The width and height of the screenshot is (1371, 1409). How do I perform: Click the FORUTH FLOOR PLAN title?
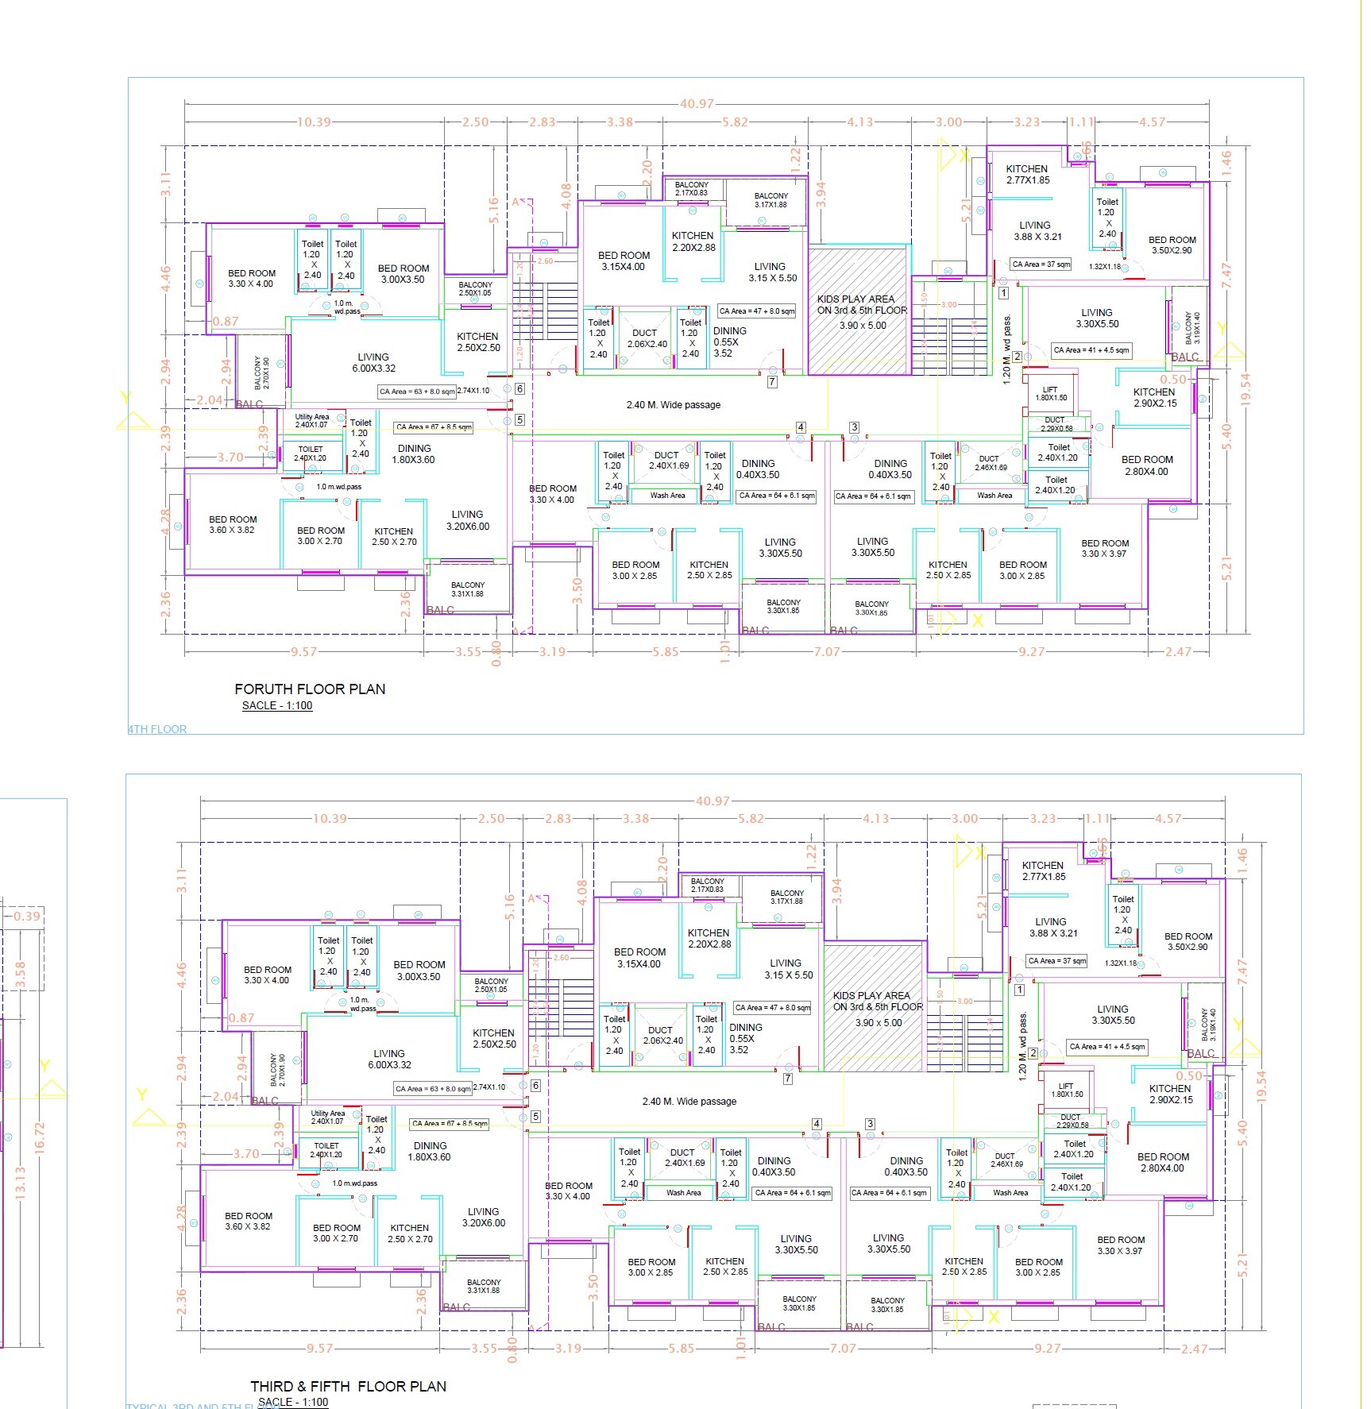tap(310, 689)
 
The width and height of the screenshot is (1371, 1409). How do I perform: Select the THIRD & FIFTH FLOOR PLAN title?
tap(348, 1386)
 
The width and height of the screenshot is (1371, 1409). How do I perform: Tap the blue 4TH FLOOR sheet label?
tap(157, 729)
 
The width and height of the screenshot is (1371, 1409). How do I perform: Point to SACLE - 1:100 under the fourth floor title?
tap(277, 705)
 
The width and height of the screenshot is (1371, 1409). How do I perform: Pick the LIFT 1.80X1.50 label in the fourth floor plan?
tap(1050, 393)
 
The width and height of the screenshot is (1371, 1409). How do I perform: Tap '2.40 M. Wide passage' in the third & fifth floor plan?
tap(689, 1102)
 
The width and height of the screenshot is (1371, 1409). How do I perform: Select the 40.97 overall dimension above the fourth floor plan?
tap(697, 103)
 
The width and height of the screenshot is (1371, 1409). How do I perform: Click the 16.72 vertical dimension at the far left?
tap(40, 1137)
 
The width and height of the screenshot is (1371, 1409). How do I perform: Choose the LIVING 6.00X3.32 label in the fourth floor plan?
tap(373, 363)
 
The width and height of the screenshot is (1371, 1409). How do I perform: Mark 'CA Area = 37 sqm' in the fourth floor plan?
tap(1041, 264)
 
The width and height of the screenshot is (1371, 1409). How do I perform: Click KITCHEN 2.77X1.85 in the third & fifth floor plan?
tap(1044, 871)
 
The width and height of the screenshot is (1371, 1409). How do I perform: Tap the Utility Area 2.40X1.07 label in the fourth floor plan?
tap(311, 420)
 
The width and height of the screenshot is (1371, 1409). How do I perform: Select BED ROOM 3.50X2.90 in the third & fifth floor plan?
tap(1188, 941)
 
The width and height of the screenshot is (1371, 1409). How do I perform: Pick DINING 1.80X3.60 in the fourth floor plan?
tap(414, 454)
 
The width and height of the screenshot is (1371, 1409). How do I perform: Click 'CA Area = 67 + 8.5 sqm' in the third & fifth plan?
tap(450, 1123)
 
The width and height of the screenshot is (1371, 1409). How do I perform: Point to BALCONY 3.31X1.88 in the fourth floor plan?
tap(468, 589)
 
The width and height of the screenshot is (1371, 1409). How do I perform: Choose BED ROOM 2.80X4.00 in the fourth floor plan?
tap(1147, 465)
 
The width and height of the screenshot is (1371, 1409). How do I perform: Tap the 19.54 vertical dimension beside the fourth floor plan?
tap(1245, 390)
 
